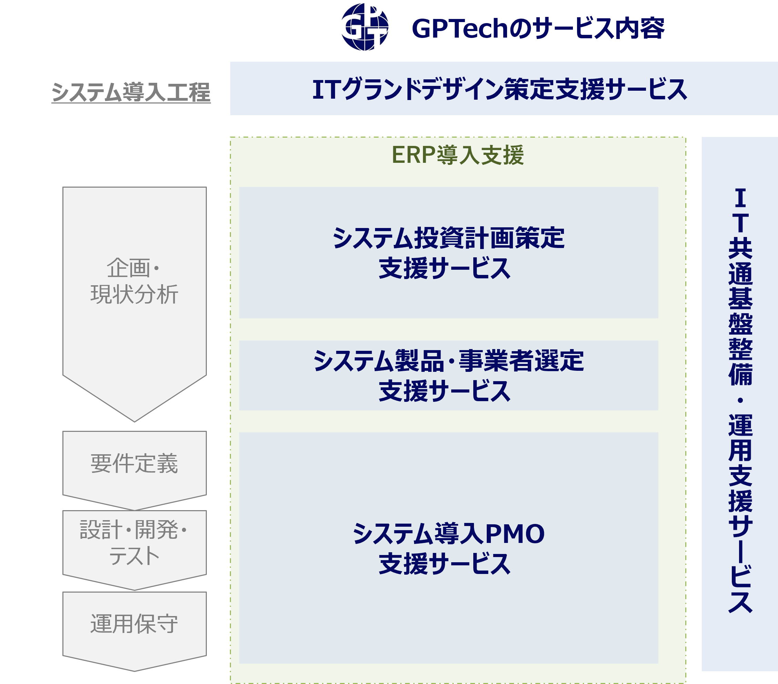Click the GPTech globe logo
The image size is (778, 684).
[x=365, y=27]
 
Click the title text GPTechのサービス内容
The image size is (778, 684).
[x=538, y=29]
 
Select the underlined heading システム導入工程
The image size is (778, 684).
[x=131, y=92]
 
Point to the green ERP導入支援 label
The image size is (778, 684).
[x=457, y=155]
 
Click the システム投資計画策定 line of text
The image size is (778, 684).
[x=448, y=238]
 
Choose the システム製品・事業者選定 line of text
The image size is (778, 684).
[x=448, y=361]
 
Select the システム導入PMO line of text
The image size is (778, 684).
[x=448, y=534]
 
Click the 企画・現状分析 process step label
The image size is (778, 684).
[x=134, y=281]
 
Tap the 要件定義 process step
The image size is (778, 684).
[x=134, y=464]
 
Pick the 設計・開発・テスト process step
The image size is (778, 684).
[x=134, y=543]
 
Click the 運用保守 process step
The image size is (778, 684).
[x=134, y=624]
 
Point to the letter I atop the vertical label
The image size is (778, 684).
[x=740, y=198]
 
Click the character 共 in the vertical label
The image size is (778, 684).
[x=740, y=249]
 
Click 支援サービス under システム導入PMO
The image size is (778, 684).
[x=445, y=564]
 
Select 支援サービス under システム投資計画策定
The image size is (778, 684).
[x=445, y=268]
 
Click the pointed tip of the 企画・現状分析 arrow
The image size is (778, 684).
[x=134, y=420]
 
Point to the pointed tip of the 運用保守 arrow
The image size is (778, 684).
[x=134, y=670]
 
